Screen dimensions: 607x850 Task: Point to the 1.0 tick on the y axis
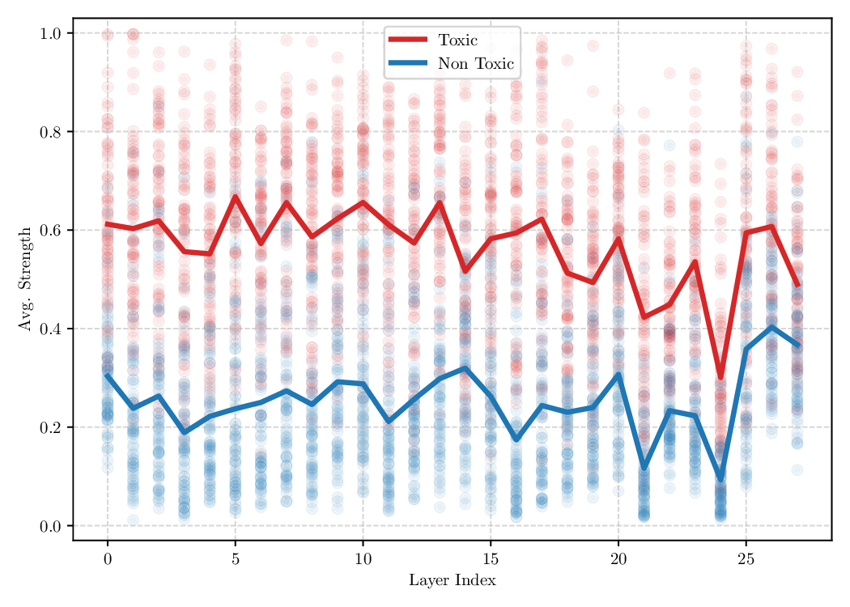(50, 33)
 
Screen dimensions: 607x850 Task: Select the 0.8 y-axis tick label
(50, 132)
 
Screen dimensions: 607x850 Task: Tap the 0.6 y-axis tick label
(50, 231)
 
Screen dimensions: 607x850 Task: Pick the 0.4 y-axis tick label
(50, 329)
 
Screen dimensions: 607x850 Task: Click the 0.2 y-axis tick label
(50, 428)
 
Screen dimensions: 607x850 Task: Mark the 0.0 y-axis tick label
(50, 527)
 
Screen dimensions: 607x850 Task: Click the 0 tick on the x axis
(108, 558)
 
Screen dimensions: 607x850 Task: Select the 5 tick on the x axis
(236, 558)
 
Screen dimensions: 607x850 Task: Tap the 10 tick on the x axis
(363, 558)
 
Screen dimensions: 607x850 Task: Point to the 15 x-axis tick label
(491, 558)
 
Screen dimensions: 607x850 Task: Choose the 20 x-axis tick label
(618, 558)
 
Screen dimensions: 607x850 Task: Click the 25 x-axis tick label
(746, 558)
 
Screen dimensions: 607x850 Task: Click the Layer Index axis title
(452, 580)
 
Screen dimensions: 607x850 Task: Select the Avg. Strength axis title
(24, 279)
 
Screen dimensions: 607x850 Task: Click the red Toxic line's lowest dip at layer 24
(720, 377)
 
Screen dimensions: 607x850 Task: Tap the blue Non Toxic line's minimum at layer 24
(720, 480)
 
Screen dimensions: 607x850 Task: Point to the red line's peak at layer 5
(236, 197)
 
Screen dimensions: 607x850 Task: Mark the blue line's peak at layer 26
(771, 327)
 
